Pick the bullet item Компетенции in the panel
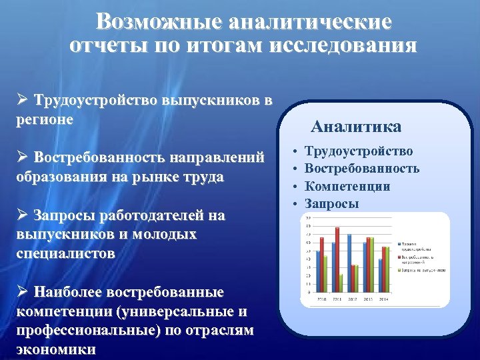[x=347, y=187]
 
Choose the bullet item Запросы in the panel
[x=331, y=203]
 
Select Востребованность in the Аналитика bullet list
[x=362, y=169]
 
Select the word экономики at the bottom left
[x=55, y=349]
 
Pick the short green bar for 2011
[x=341, y=283]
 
